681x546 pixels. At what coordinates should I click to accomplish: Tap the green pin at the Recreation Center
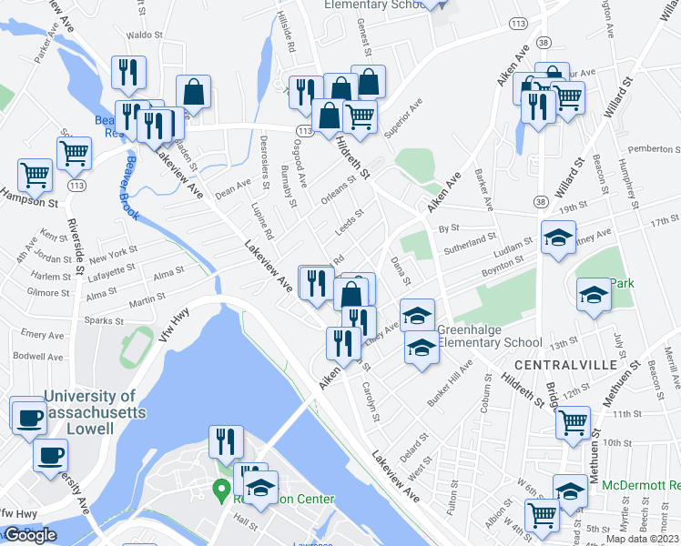tap(219, 492)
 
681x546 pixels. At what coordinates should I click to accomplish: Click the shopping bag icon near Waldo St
tap(194, 93)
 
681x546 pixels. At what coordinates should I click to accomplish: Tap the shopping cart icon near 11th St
tap(572, 422)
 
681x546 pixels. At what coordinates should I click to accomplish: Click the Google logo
tap(30, 535)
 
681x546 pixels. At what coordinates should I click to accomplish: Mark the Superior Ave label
tap(403, 119)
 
